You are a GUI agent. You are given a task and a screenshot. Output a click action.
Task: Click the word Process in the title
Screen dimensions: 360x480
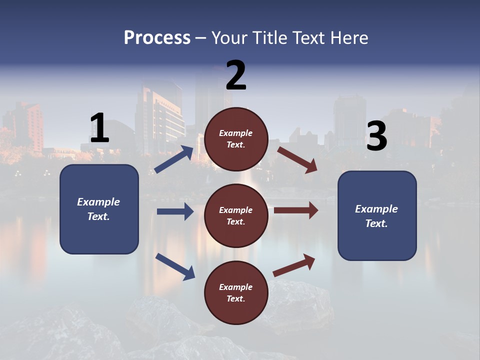pyautogui.click(x=157, y=37)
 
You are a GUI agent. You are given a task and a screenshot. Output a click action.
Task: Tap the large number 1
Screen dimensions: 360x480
pyautogui.click(x=99, y=128)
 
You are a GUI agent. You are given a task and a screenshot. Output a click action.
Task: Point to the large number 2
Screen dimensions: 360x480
pyautogui.click(x=236, y=75)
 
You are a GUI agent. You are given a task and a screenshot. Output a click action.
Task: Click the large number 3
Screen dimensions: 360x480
pyautogui.click(x=376, y=136)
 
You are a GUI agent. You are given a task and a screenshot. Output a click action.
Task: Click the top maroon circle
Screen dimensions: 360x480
pyautogui.click(x=236, y=139)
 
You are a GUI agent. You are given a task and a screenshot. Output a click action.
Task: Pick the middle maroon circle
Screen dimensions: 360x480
pyautogui.click(x=236, y=216)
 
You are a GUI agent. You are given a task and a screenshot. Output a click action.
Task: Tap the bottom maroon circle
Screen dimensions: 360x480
pyautogui.click(x=236, y=293)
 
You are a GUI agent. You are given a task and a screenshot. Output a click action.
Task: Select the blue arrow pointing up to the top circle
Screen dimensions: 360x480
pyautogui.click(x=174, y=159)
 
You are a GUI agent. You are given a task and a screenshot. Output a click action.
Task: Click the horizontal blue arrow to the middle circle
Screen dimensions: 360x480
pyautogui.click(x=175, y=211)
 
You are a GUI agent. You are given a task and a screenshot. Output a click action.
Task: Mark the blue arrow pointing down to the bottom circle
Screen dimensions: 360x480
pyautogui.click(x=175, y=266)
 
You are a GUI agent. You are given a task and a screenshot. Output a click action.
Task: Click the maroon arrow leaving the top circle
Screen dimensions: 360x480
pyautogui.click(x=297, y=159)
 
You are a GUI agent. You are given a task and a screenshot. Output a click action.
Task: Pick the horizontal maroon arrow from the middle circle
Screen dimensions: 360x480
pyautogui.click(x=296, y=210)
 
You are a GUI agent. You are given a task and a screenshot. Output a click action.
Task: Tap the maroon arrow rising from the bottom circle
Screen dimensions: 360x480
pyautogui.click(x=294, y=265)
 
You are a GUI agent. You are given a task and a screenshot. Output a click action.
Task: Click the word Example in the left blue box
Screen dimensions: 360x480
pyautogui.click(x=98, y=202)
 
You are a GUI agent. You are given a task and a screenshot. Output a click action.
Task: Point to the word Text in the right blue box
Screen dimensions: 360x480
pyautogui.click(x=376, y=223)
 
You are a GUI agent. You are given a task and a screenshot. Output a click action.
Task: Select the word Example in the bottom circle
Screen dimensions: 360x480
pyautogui.click(x=236, y=287)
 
